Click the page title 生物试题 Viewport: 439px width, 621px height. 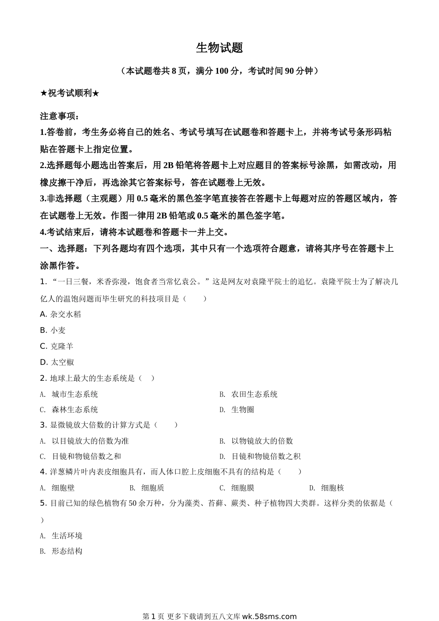[x=219, y=48]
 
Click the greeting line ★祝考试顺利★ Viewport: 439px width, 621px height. [x=70, y=93]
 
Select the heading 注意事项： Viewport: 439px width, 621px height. [x=60, y=116]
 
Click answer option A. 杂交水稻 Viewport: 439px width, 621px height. [x=61, y=314]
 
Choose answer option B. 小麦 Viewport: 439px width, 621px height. [x=53, y=330]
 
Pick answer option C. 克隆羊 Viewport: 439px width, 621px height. [x=57, y=346]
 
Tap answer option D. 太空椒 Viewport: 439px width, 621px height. [x=57, y=362]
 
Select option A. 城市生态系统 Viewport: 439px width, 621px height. [x=69, y=394]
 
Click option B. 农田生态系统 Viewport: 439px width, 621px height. [x=249, y=394]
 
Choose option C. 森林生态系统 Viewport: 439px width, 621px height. [x=69, y=409]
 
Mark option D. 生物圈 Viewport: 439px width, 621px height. [x=237, y=409]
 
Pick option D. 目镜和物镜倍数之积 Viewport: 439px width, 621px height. [x=260, y=456]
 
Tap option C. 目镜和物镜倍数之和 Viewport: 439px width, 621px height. [x=80, y=456]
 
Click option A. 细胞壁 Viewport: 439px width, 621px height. [x=57, y=487]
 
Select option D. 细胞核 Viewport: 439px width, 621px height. [x=327, y=487]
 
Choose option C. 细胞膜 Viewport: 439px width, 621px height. [x=237, y=487]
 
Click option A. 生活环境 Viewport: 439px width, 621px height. [x=61, y=536]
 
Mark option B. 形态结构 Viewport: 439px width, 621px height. [x=61, y=551]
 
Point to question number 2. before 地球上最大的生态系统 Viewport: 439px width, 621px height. [x=43, y=378]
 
